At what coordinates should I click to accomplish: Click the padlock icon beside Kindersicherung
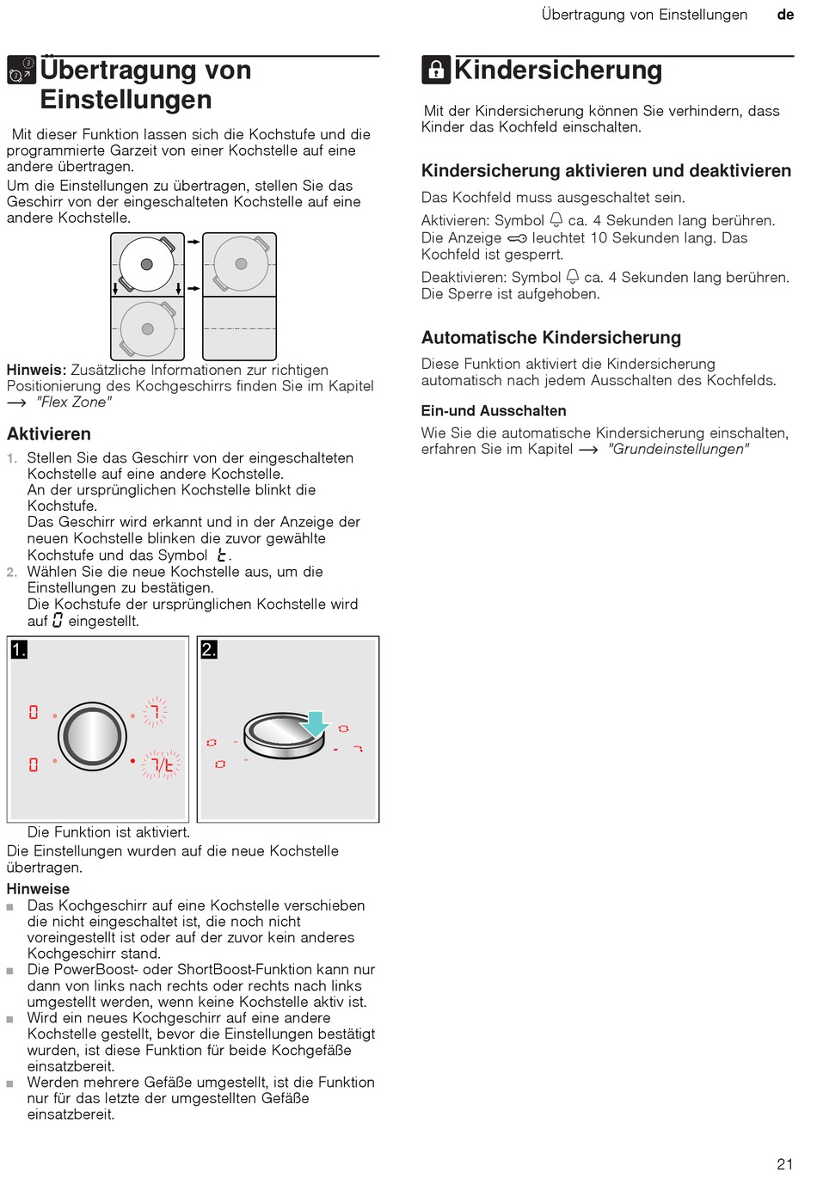pyautogui.click(x=436, y=70)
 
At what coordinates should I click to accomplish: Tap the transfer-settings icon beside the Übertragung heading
pyautogui.click(x=21, y=70)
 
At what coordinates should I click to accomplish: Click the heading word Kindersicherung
pyautogui.click(x=558, y=70)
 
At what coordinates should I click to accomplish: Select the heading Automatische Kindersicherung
pyautogui.click(x=551, y=338)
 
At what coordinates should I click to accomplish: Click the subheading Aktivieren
pyautogui.click(x=49, y=434)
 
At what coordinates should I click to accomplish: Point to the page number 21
pyautogui.click(x=784, y=1164)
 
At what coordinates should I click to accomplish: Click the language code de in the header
pyautogui.click(x=785, y=15)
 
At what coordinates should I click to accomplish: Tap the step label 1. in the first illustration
pyautogui.click(x=19, y=650)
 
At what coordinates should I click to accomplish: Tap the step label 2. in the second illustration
pyautogui.click(x=209, y=650)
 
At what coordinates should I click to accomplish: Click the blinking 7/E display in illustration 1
pyautogui.click(x=162, y=764)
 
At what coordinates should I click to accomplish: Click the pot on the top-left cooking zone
pyautogui.click(x=148, y=265)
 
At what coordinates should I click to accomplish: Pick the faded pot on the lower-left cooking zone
pyautogui.click(x=148, y=328)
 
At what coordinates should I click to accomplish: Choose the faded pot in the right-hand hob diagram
pyautogui.click(x=241, y=264)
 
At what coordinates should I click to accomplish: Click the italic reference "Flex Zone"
pyautogui.click(x=74, y=402)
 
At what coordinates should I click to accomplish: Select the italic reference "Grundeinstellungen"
pyautogui.click(x=679, y=449)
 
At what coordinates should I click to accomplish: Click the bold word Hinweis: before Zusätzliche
pyautogui.click(x=36, y=370)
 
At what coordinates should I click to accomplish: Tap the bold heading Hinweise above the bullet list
pyautogui.click(x=38, y=889)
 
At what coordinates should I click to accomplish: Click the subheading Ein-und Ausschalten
pyautogui.click(x=494, y=411)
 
